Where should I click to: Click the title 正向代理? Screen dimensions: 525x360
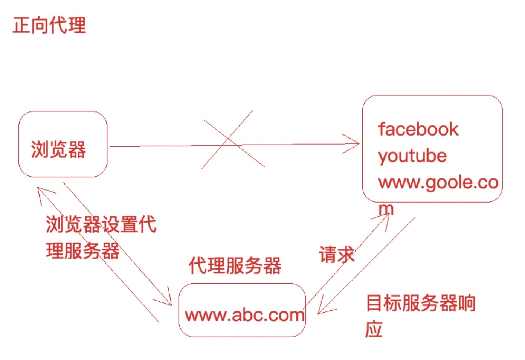[49, 26]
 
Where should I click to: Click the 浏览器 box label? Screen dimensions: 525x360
[58, 149]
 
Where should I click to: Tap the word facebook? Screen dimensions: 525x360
[418, 130]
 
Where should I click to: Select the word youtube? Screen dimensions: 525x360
[412, 156]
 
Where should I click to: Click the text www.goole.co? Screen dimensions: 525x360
[438, 182]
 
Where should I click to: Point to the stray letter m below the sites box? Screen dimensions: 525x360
[386, 208]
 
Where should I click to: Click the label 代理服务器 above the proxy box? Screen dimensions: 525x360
[235, 266]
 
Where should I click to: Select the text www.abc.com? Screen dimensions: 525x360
[244, 315]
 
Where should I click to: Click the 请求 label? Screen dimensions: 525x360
[336, 255]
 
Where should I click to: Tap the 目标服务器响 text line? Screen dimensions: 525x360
[420, 303]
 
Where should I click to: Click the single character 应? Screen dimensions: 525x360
[374, 329]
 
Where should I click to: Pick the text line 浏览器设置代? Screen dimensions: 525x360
[101, 224]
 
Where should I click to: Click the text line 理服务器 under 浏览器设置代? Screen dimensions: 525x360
[83, 251]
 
